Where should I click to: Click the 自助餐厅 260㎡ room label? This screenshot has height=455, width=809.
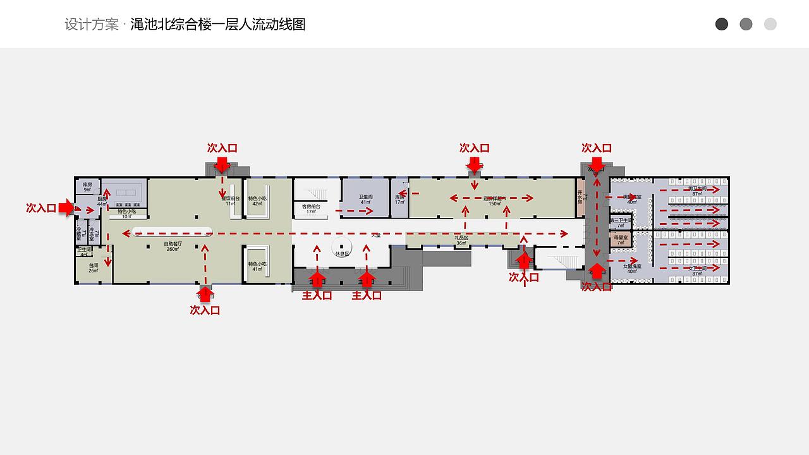pyautogui.click(x=173, y=246)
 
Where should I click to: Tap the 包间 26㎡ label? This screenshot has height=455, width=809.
pyautogui.click(x=94, y=268)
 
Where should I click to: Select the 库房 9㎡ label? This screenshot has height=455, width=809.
pyautogui.click(x=88, y=186)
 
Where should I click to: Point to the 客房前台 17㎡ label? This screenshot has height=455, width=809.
pyautogui.click(x=311, y=209)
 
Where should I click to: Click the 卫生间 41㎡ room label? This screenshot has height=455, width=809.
pyautogui.click(x=365, y=199)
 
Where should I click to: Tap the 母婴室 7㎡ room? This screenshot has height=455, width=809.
pyautogui.click(x=620, y=240)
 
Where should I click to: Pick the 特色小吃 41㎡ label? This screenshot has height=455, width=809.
pyautogui.click(x=257, y=266)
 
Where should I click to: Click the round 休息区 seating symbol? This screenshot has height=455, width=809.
pyautogui.click(x=342, y=247)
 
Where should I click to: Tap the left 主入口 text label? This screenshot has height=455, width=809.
pyautogui.click(x=317, y=295)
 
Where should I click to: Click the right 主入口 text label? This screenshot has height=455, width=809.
pyautogui.click(x=367, y=295)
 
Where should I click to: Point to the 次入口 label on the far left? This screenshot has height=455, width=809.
pyautogui.click(x=41, y=208)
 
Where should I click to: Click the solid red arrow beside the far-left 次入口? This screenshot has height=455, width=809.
pyautogui.click(x=66, y=208)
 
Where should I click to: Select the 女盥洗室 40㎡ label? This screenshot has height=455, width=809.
pyautogui.click(x=632, y=269)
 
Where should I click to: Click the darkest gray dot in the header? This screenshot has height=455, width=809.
pyautogui.click(x=722, y=24)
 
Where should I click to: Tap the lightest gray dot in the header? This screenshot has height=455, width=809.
pyautogui.click(x=770, y=24)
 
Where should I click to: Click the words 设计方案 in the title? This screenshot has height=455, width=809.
pyautogui.click(x=92, y=25)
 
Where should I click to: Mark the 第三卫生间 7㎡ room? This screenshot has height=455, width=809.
pyautogui.click(x=620, y=222)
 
